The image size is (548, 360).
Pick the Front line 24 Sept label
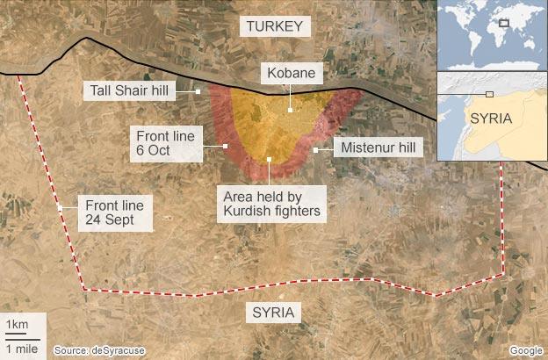(114, 212)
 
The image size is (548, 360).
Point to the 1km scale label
(18, 326)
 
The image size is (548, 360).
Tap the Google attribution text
(525, 350)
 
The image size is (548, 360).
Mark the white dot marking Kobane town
(290, 111)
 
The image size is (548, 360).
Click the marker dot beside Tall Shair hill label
(199, 90)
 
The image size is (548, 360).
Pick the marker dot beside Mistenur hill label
(315, 149)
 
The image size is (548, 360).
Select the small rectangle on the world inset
(504, 24)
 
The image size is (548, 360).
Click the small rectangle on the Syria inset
(489, 93)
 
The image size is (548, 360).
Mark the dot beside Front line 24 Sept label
(60, 208)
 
